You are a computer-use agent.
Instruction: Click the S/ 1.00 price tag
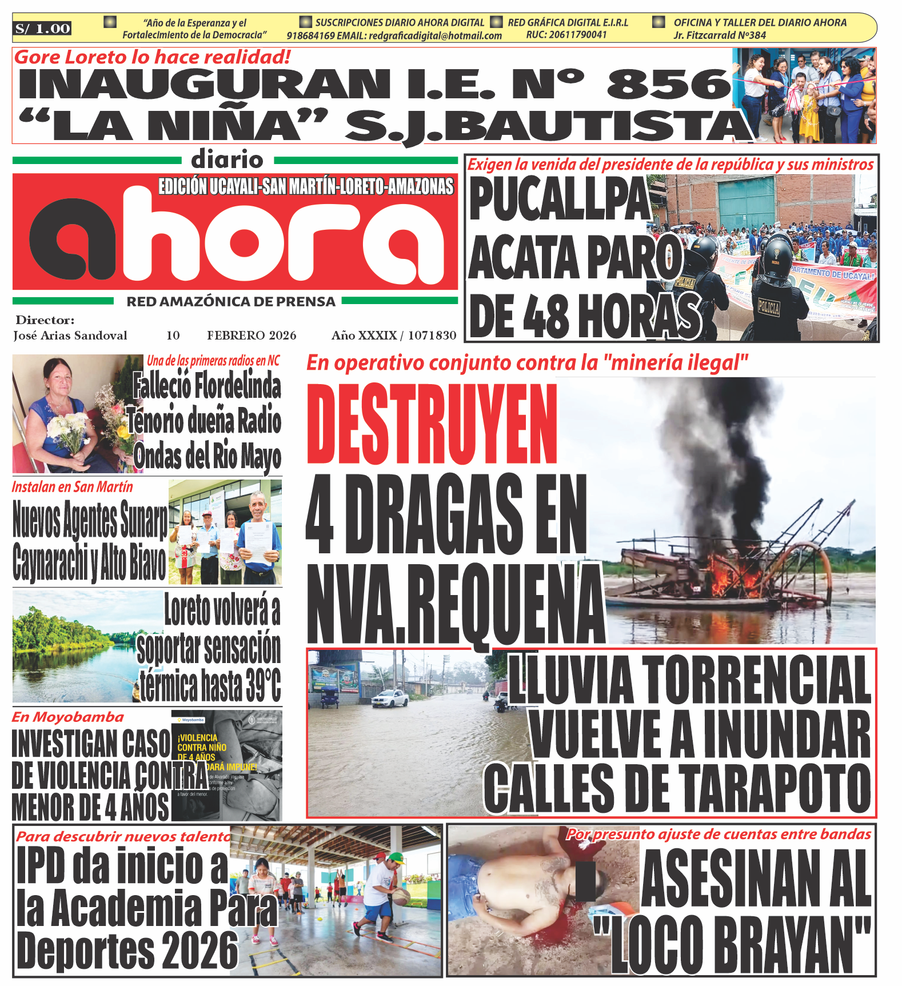(43, 29)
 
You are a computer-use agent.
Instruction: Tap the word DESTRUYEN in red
(432, 424)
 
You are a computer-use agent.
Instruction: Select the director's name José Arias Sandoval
(70, 336)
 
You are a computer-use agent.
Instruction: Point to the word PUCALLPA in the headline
(559, 199)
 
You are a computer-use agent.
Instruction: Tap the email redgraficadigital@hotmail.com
(435, 36)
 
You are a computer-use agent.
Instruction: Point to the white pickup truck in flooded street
(390, 698)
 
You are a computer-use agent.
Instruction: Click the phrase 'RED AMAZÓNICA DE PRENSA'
(231, 302)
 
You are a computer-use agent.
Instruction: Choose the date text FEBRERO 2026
(252, 336)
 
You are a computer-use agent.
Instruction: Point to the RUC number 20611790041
(566, 35)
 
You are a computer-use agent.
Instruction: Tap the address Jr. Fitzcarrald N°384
(719, 35)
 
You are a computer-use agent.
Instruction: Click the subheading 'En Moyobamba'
(68, 717)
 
